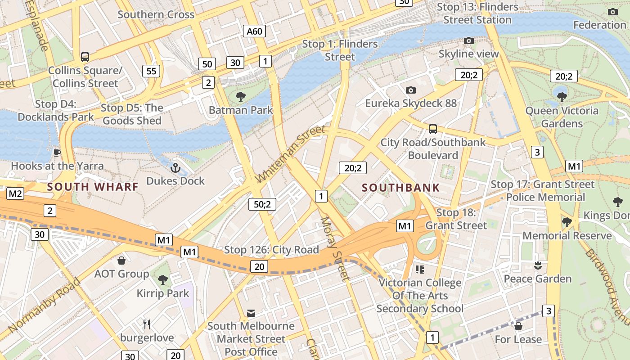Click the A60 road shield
coord(254,31)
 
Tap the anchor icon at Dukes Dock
coord(175,168)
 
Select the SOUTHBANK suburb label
coord(400,188)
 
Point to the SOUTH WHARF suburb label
coord(92,186)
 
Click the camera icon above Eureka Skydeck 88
coord(410,90)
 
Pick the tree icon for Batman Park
coord(241,96)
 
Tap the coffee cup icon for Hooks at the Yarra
coord(57,153)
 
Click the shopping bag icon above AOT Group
coord(121,261)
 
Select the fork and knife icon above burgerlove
coord(147,324)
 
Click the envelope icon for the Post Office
coord(251,313)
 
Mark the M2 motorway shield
coord(15,194)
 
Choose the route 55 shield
coord(151,71)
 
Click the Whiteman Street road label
coord(290,154)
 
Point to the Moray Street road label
coord(334,249)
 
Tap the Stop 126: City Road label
coord(271,250)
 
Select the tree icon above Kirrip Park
coord(163,280)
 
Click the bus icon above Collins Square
coord(85,57)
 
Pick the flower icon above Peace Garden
coord(537,265)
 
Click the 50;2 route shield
coord(262,204)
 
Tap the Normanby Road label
coord(44,306)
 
